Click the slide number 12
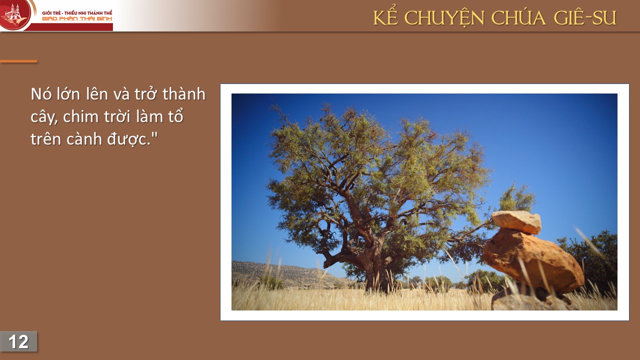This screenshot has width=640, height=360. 18,341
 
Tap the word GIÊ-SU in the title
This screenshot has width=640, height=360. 585,17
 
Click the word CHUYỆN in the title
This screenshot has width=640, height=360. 444,18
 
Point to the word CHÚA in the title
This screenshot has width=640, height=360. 519,17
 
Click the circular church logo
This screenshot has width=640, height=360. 14,14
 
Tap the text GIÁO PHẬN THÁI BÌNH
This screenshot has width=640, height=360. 77,19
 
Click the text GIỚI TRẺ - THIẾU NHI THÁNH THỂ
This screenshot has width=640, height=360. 77,13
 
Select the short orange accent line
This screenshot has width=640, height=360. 18,61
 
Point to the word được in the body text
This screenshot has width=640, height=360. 128,139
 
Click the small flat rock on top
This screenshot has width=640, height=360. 516,221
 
